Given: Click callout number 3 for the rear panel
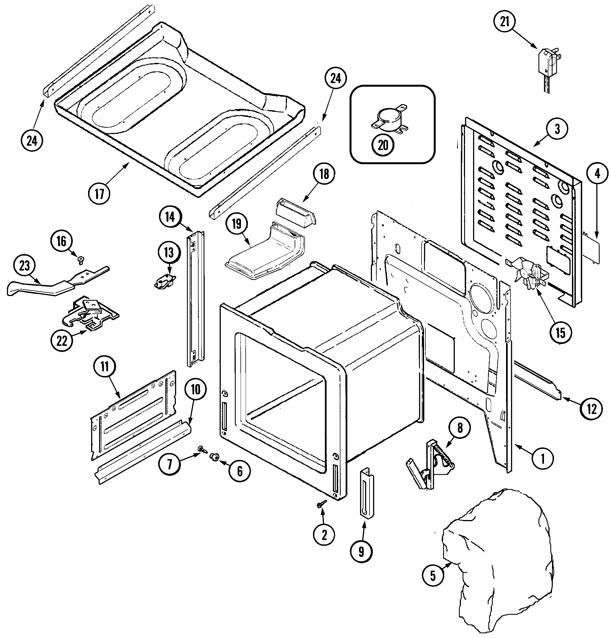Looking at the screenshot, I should coord(557,129).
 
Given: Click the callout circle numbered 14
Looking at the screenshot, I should coord(170,217).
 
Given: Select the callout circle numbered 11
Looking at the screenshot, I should coord(104,367).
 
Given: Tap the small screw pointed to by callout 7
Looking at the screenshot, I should coord(202,450).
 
